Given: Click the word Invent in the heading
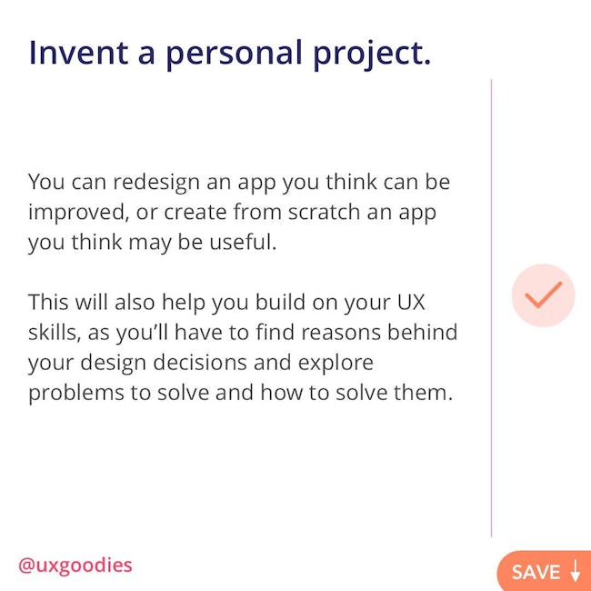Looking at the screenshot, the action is (x=79, y=53).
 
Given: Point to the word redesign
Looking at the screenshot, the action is (x=156, y=183).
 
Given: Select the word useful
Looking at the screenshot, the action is (x=243, y=242).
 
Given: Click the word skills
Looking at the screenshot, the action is (x=55, y=333).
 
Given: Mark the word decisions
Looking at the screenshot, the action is (x=200, y=363).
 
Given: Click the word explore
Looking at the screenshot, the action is (x=336, y=364).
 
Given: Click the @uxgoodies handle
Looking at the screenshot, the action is (x=75, y=566).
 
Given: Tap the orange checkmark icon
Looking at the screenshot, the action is (x=543, y=295).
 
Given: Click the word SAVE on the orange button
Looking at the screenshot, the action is (x=536, y=572).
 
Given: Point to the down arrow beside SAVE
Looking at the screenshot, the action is (x=576, y=571).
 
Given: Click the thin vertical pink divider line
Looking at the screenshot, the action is (x=492, y=308).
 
